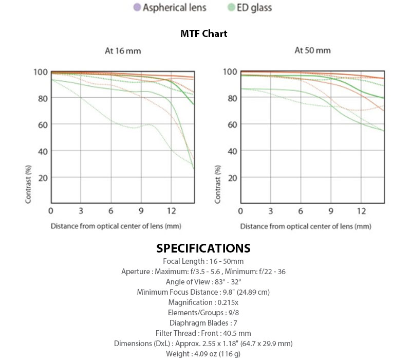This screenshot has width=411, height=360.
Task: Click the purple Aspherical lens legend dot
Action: point(137,8)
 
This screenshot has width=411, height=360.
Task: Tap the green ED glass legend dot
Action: point(232,8)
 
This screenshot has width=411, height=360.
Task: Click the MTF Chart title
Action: point(204,34)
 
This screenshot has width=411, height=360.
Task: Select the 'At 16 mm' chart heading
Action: point(120,51)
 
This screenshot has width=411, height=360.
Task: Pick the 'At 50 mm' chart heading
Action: point(312,50)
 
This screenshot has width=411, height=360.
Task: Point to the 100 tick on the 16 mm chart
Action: point(41,72)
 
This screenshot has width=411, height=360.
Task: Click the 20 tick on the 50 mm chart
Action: point(232,177)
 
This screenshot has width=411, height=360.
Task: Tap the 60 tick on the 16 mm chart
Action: point(43,125)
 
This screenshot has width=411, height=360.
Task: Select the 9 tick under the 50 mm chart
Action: point(331,211)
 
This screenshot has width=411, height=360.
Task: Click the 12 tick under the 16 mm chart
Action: point(172,211)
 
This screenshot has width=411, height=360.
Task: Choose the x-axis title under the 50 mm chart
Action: point(306,226)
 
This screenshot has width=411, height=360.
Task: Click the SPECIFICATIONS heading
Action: point(203,248)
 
